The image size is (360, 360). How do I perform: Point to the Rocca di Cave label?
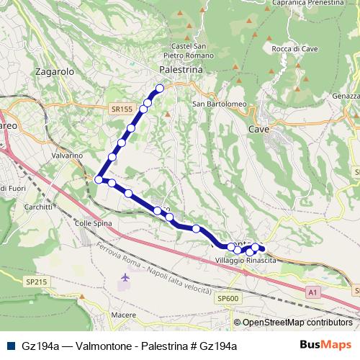[290, 49]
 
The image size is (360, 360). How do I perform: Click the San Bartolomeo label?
[220, 104]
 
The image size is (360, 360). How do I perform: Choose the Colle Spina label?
[91, 223]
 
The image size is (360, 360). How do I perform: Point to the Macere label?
[123, 315]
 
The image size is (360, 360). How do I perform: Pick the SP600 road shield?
[227, 298]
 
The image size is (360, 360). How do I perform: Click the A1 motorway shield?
[312, 292]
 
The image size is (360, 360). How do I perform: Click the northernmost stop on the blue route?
[160, 89]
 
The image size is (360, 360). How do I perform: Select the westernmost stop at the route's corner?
[99, 179]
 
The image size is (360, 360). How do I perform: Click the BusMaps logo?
[326, 345]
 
